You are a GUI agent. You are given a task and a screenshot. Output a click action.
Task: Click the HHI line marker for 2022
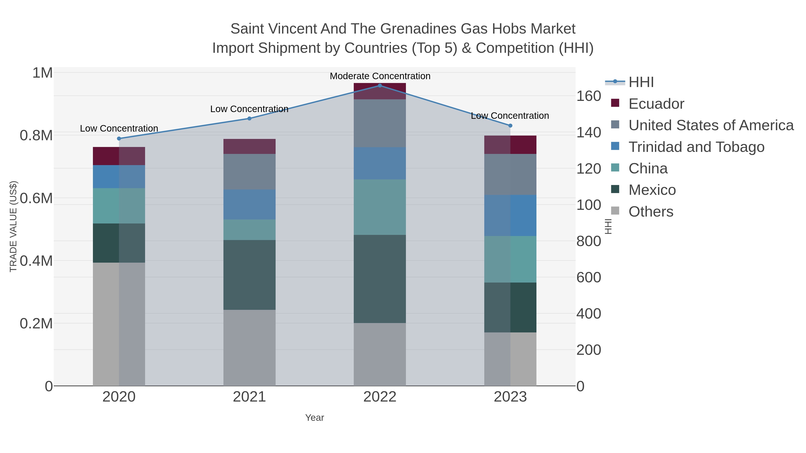[380, 85]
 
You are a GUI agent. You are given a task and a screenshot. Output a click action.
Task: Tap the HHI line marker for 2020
[119, 138]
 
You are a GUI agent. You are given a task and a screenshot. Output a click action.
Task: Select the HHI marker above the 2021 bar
[249, 119]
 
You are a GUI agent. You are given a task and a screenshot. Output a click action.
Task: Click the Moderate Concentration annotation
[380, 76]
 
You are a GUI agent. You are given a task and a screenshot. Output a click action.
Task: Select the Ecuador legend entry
[656, 104]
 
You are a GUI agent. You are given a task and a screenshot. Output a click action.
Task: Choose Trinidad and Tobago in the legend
[696, 147]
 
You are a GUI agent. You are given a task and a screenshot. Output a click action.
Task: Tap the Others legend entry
[651, 212]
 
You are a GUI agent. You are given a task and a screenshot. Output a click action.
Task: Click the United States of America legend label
[711, 125]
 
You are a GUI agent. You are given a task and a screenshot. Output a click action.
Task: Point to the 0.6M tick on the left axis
[36, 198]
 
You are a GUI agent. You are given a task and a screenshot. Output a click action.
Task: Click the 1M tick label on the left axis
[43, 73]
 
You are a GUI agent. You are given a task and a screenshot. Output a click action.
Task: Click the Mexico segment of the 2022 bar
[380, 279]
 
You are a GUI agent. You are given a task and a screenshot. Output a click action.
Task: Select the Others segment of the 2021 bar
[249, 348]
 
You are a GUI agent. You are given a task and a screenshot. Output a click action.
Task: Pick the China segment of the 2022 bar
[380, 207]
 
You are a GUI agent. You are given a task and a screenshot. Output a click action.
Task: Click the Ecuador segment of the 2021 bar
[249, 146]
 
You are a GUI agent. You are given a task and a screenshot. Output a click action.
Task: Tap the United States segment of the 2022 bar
[380, 123]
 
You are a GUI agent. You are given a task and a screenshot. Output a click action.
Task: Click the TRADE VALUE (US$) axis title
[13, 226]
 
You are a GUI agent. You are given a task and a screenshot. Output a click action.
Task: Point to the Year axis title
[315, 418]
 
